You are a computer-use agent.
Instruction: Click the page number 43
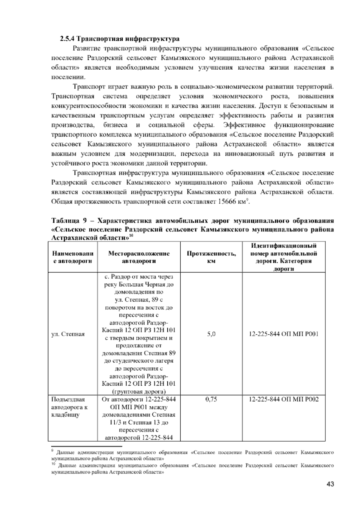(x=330, y=484)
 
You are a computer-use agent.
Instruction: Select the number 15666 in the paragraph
(x=227, y=202)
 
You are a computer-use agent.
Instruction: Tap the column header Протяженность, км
(x=211, y=257)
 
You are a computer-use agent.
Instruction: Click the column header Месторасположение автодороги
(x=139, y=257)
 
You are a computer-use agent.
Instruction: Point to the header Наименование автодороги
(x=72, y=257)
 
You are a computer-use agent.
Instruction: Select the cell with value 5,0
(x=211, y=334)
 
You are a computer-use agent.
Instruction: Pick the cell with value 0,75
(x=211, y=399)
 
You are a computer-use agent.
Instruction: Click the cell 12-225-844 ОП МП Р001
(x=283, y=334)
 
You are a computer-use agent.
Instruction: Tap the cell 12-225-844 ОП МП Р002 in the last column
(x=283, y=399)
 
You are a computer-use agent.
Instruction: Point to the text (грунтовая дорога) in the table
(x=139, y=391)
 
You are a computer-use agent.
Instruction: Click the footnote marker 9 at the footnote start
(x=53, y=450)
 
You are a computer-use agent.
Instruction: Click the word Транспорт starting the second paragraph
(x=89, y=87)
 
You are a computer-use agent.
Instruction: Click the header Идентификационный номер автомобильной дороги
(x=283, y=257)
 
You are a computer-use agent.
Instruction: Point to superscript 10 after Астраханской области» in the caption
(x=131, y=236)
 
